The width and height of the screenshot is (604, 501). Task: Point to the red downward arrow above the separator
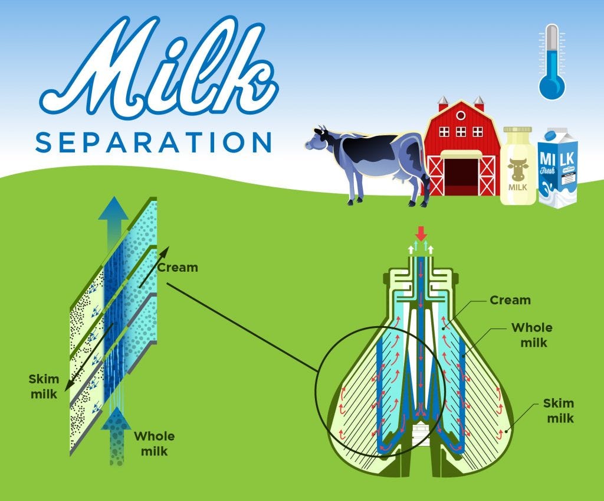421,232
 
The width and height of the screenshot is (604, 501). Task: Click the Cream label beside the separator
510,300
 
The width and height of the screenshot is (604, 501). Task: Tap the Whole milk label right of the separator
531,335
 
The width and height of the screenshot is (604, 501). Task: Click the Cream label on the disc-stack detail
178,268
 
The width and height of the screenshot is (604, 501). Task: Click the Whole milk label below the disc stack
154,443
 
